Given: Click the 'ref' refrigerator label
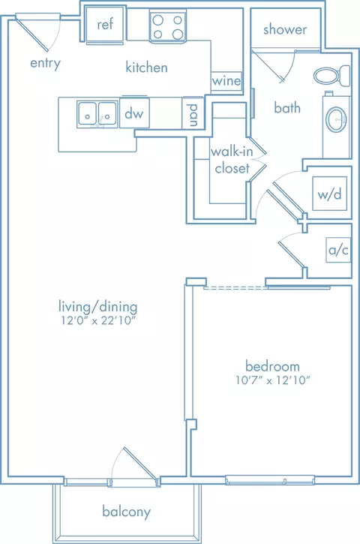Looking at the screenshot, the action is point(105,24).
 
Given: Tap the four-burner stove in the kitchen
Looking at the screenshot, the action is point(168,26).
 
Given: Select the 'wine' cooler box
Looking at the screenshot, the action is point(226,81).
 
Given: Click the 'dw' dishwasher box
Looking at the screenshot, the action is point(134,113).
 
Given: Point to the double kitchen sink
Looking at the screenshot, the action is point(97,114).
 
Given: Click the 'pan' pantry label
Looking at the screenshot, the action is point(193,115).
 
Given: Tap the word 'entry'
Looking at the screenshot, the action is point(46,63).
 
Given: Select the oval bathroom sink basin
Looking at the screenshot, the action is point(337,119).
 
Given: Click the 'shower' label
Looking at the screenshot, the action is point(285,29).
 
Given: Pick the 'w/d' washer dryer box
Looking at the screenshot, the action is point(329,194).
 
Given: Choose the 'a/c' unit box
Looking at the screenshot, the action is point(338,249).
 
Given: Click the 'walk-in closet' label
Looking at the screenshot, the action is point(232,160).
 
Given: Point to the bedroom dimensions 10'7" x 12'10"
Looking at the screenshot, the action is point(272,380).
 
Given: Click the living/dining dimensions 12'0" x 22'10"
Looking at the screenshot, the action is point(97,320).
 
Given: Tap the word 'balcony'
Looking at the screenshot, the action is point(127,512).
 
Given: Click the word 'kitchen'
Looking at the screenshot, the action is point(146,67).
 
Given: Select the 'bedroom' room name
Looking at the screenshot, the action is point(272,366).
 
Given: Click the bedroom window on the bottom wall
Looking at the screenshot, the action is point(270,479).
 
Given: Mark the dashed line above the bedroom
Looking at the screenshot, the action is point(234,287).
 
